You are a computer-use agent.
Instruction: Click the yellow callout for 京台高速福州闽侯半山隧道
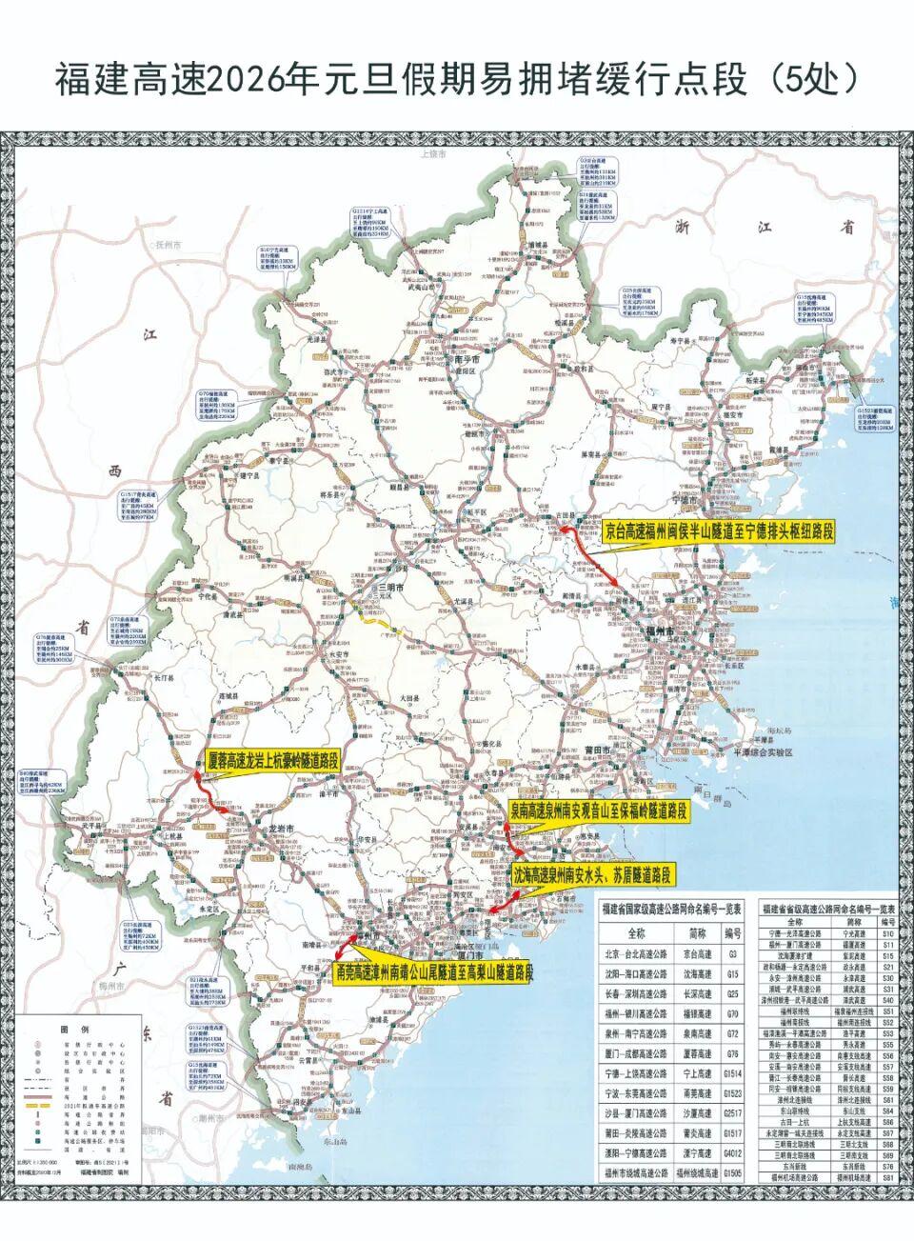[719, 531]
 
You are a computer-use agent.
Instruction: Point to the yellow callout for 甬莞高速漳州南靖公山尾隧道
[433, 972]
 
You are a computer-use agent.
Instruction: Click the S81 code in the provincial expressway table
[887, 1205]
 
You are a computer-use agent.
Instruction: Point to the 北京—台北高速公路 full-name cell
[636, 952]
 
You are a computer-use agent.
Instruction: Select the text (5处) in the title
[812, 80]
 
